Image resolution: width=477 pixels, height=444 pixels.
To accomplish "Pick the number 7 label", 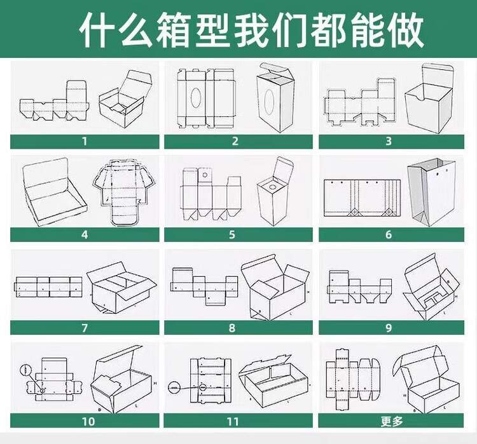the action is [x=83, y=328].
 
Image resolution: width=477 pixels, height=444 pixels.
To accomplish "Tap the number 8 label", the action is [x=233, y=328].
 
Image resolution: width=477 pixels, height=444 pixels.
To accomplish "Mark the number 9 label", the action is [x=389, y=328].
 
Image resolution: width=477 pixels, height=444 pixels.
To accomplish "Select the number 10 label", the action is [x=87, y=420].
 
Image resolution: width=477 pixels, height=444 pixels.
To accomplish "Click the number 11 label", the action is [x=233, y=420].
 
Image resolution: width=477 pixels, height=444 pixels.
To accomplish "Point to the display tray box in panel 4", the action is [x=53, y=191].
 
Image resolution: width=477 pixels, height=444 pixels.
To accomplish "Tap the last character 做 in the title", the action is [x=404, y=29].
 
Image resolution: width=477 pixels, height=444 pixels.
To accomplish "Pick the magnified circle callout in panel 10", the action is [x=25, y=369].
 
